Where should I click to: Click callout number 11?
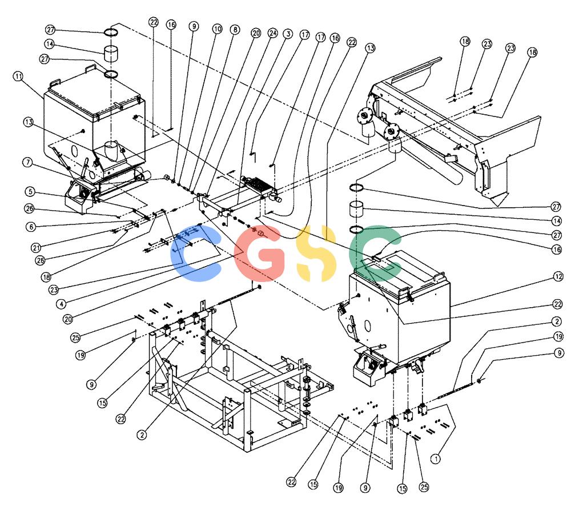[18, 77]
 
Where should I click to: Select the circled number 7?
[28, 162]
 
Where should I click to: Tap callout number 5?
[30, 191]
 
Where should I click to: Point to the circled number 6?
[31, 227]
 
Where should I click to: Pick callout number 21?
[35, 248]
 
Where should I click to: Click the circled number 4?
[61, 303]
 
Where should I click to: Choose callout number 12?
[558, 277]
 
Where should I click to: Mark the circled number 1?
[436, 458]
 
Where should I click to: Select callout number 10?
[217, 29]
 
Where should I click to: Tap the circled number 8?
[235, 30]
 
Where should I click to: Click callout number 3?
[288, 34]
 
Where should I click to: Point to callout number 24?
[273, 33]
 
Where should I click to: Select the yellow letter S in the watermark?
[315, 253]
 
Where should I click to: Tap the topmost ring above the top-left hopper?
[111, 33]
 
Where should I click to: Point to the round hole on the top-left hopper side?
[75, 150]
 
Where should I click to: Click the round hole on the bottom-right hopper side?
[367, 325]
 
